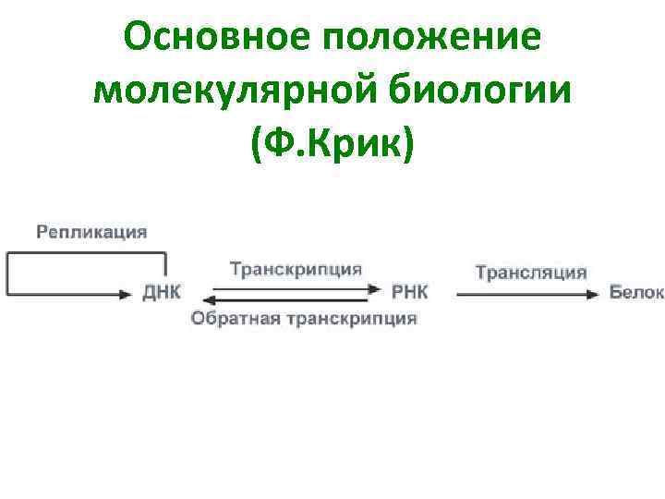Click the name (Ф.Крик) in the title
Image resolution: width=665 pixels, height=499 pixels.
332,144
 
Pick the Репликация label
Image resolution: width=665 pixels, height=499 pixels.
91,232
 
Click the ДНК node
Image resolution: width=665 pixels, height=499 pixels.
163,293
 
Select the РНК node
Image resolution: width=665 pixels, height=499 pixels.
410,293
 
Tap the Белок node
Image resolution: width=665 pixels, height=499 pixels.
636,293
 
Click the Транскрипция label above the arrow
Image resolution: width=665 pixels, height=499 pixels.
296,269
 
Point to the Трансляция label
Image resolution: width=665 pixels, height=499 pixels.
531,272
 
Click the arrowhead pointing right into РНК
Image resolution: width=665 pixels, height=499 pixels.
374,288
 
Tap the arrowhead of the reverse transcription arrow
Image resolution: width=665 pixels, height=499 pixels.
209,300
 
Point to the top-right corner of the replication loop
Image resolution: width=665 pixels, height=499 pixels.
165,253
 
